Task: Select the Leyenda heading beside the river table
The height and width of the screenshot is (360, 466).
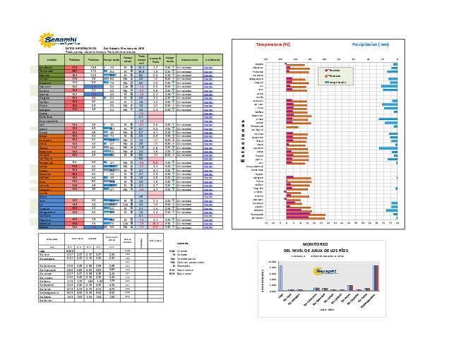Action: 181,242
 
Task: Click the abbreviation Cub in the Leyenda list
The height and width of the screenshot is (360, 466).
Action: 172,250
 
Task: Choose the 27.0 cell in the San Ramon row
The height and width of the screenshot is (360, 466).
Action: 76,66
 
